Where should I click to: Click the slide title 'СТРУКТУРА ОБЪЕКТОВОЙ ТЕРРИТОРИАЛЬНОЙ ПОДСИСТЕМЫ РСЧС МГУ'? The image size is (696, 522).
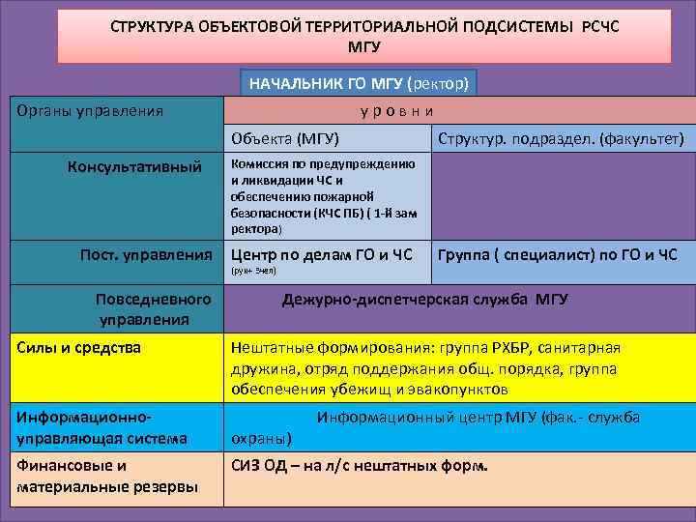click(362, 35)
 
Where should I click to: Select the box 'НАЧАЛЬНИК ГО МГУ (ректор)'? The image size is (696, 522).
click(358, 83)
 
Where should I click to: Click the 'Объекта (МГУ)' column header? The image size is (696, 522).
click(285, 139)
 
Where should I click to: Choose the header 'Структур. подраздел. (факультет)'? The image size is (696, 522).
click(561, 139)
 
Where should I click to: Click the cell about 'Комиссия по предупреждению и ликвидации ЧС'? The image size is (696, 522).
click(323, 196)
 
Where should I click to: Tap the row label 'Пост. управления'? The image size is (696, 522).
click(146, 255)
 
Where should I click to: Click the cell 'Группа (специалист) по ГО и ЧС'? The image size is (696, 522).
click(558, 255)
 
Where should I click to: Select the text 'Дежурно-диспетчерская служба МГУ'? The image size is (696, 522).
click(424, 300)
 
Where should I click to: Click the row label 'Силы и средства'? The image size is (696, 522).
click(78, 347)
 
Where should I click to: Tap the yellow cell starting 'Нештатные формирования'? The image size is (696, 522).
click(425, 368)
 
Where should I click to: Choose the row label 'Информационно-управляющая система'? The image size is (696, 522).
click(101, 428)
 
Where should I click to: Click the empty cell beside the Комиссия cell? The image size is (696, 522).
click(560, 196)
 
